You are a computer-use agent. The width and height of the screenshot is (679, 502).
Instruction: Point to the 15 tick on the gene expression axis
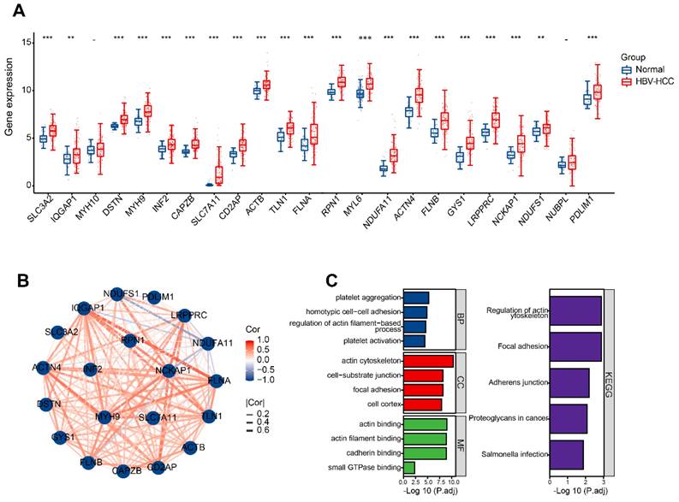[27, 42]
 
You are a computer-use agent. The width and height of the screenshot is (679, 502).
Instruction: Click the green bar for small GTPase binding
[409, 467]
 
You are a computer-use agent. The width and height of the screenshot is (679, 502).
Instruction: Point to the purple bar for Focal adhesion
[577, 346]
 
